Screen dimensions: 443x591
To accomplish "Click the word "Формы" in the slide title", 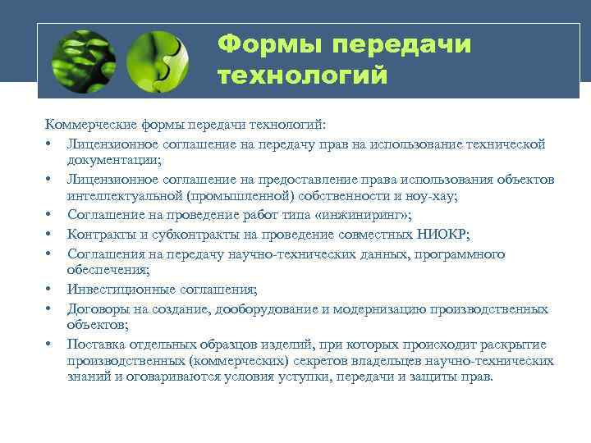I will click(x=262, y=45).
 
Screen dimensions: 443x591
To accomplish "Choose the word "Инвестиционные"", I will click(x=121, y=289).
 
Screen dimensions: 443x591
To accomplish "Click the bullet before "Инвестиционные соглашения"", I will click(x=50, y=289).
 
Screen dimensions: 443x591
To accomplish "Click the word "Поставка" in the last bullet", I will click(x=97, y=344).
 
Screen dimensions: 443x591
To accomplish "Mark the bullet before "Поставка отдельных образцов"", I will click(x=50, y=344).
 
